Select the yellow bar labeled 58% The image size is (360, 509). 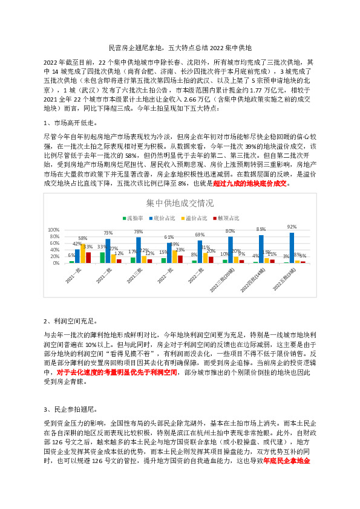(83, 253)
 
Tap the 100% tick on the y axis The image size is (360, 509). (53, 230)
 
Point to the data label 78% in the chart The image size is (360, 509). (139, 232)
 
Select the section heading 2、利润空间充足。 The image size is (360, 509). (70, 321)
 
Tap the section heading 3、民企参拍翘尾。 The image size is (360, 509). (70, 409)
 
